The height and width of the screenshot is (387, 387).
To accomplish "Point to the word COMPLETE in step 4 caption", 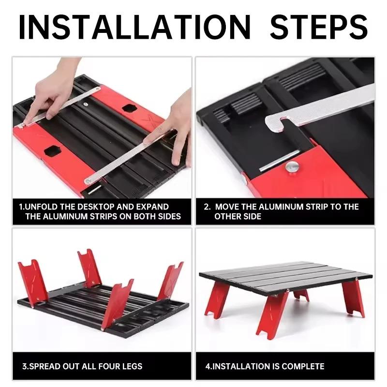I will pos(304,366).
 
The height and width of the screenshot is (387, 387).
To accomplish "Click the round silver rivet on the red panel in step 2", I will pos(291,167).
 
